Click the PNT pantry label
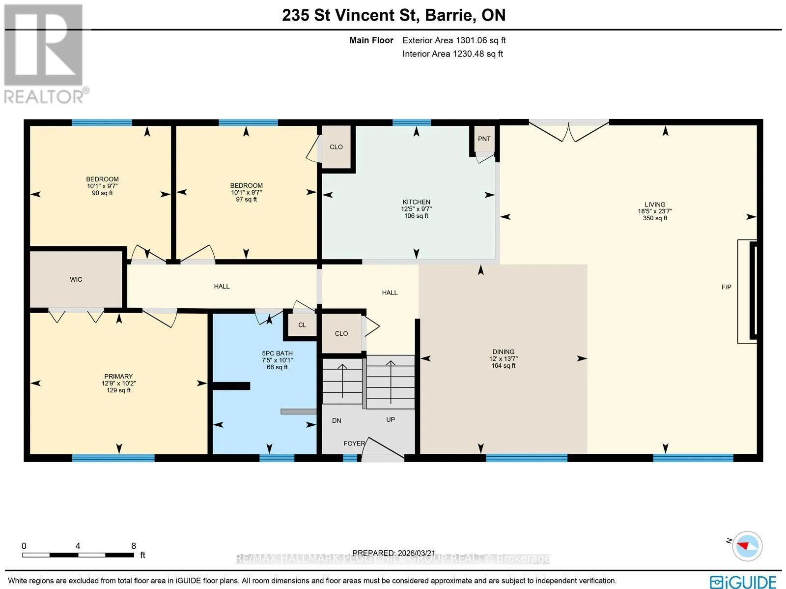484,139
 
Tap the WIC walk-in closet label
76,279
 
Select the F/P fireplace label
726,287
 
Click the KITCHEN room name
416,202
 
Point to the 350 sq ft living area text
655,218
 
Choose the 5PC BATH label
277,353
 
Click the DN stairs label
337,421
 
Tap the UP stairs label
391,419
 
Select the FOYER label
354,443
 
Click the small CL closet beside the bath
302,325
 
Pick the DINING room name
503,352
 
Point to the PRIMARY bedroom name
118,377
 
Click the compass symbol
747,546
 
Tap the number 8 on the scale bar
134,546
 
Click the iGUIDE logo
743,582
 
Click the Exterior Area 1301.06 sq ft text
454,40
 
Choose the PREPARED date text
394,553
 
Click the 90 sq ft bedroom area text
102,193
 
